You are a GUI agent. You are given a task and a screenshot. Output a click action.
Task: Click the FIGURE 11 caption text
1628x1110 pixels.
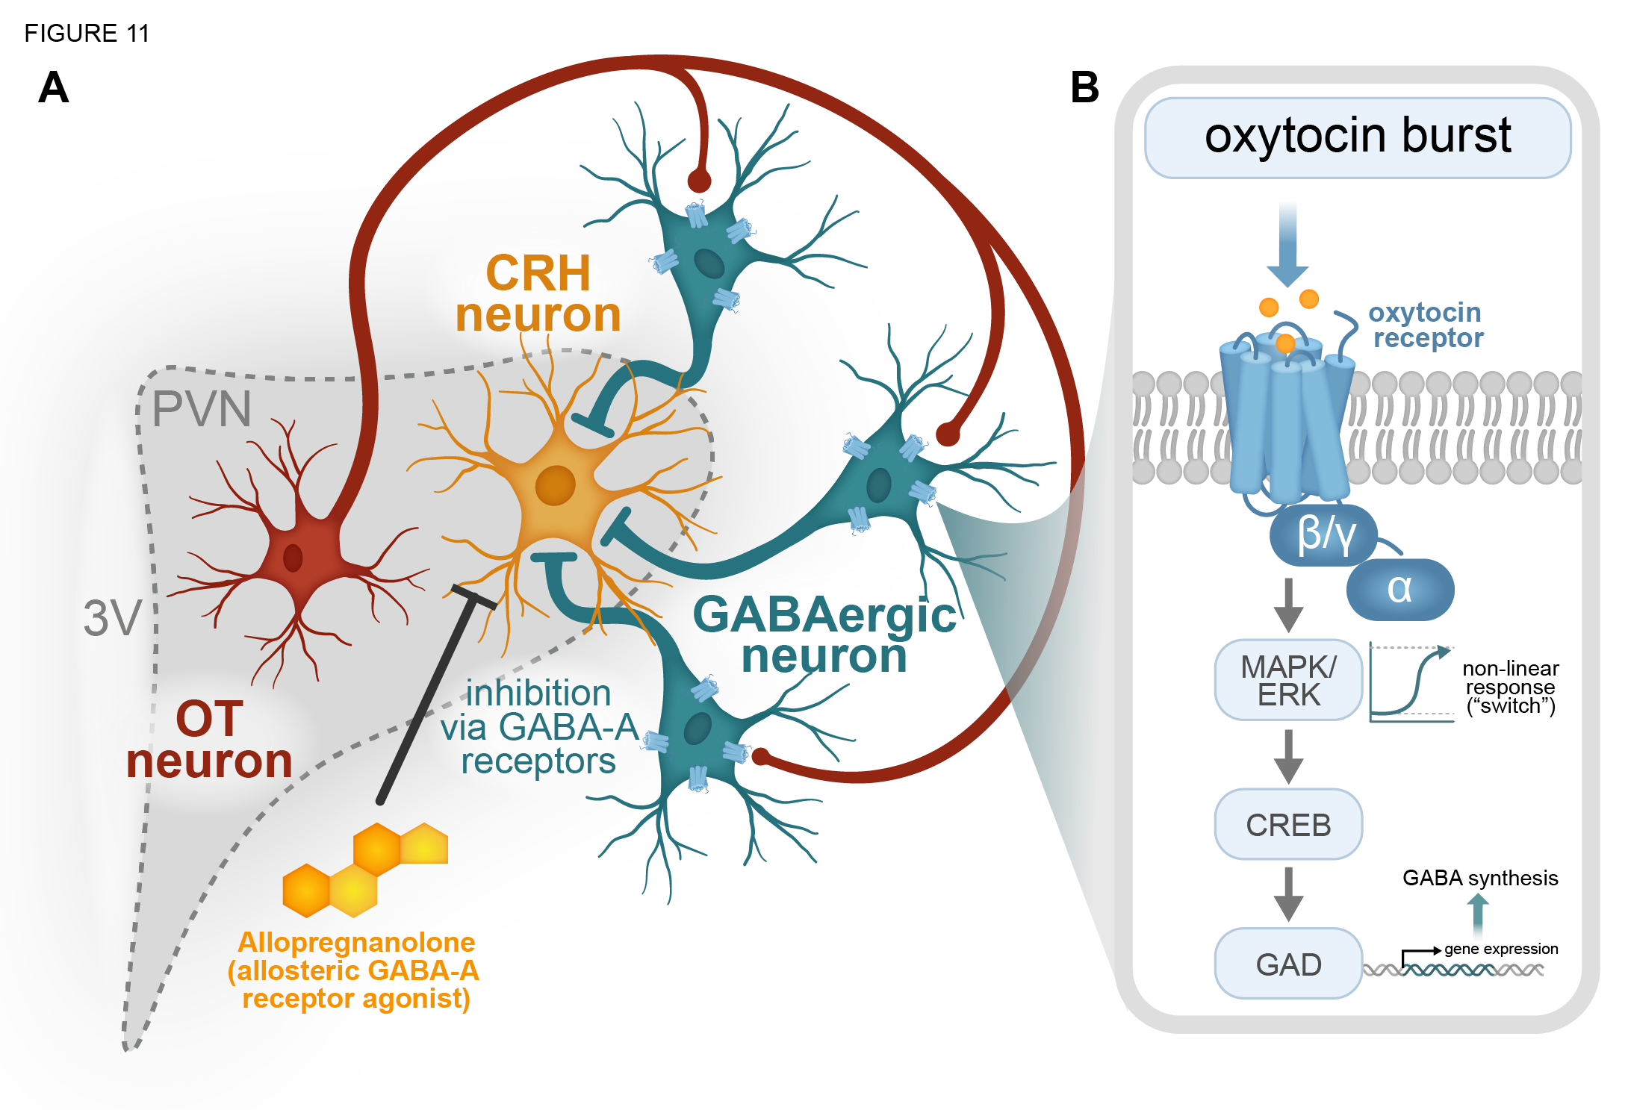(x=87, y=34)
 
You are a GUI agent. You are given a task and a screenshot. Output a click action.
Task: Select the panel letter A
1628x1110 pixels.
(x=54, y=88)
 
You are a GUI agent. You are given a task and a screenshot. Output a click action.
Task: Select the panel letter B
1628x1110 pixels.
(x=1084, y=87)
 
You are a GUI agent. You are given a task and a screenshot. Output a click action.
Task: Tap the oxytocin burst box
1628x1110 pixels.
(x=1357, y=137)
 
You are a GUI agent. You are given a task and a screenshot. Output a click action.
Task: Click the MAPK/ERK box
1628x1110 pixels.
(x=1288, y=680)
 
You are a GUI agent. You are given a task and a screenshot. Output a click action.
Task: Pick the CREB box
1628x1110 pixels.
(x=1288, y=825)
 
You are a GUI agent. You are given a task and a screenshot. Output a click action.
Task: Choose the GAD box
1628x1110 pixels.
(x=1288, y=964)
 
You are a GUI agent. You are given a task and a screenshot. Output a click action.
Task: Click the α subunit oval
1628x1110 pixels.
(x=1400, y=589)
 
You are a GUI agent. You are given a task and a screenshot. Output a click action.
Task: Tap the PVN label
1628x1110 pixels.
(x=202, y=409)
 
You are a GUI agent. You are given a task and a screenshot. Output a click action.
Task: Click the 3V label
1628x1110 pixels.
(x=112, y=618)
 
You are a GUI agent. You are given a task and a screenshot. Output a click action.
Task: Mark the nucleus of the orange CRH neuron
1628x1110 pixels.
(x=555, y=485)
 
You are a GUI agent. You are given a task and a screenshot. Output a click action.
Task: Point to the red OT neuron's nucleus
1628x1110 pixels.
(x=293, y=557)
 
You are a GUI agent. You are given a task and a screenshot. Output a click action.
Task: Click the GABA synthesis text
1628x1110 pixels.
(x=1479, y=878)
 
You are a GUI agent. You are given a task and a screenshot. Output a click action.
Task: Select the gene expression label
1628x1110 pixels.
(x=1500, y=949)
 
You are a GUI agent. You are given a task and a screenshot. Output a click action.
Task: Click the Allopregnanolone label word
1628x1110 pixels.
(x=356, y=942)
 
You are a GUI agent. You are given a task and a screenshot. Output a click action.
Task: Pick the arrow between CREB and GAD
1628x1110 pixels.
(x=1288, y=894)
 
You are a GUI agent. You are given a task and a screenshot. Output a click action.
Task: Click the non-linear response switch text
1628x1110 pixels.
(x=1510, y=687)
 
